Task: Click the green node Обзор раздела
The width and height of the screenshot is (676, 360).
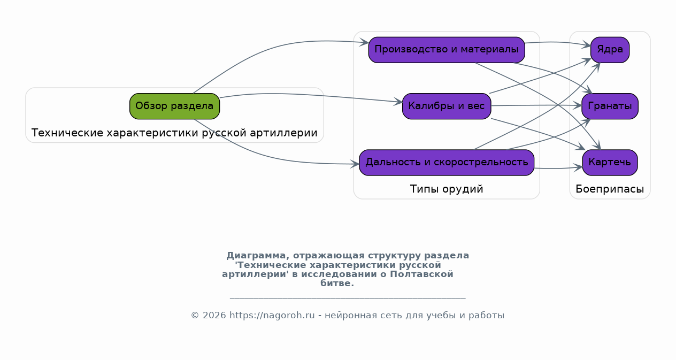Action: pyautogui.click(x=174, y=106)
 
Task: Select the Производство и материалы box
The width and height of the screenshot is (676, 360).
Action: pyautogui.click(x=447, y=50)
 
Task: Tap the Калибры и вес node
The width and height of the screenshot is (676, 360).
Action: pyautogui.click(x=447, y=106)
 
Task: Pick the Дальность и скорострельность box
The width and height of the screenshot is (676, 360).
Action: pyautogui.click(x=447, y=162)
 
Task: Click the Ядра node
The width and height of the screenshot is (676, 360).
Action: pyautogui.click(x=610, y=50)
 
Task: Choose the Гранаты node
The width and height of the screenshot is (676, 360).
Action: pyautogui.click(x=610, y=106)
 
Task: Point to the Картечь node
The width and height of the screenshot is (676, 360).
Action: pyautogui.click(x=610, y=162)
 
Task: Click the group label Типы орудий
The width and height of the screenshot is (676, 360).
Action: pyautogui.click(x=447, y=189)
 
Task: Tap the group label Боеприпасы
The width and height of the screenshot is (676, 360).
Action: pyautogui.click(x=610, y=189)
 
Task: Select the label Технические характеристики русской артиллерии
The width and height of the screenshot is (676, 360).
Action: pyautogui.click(x=174, y=133)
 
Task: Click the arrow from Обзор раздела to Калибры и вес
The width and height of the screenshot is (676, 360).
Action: pyautogui.click(x=311, y=95)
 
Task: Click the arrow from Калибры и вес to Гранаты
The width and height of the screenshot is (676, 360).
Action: pyautogui.click(x=536, y=105)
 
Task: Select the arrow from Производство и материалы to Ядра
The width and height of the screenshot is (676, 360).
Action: pyautogui.click(x=558, y=43)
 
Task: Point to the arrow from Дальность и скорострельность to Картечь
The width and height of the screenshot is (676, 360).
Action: pyautogui.click(x=558, y=168)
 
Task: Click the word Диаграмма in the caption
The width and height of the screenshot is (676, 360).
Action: pyautogui.click(x=256, y=256)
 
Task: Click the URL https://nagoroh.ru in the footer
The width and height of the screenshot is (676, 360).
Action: pyautogui.click(x=272, y=316)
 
